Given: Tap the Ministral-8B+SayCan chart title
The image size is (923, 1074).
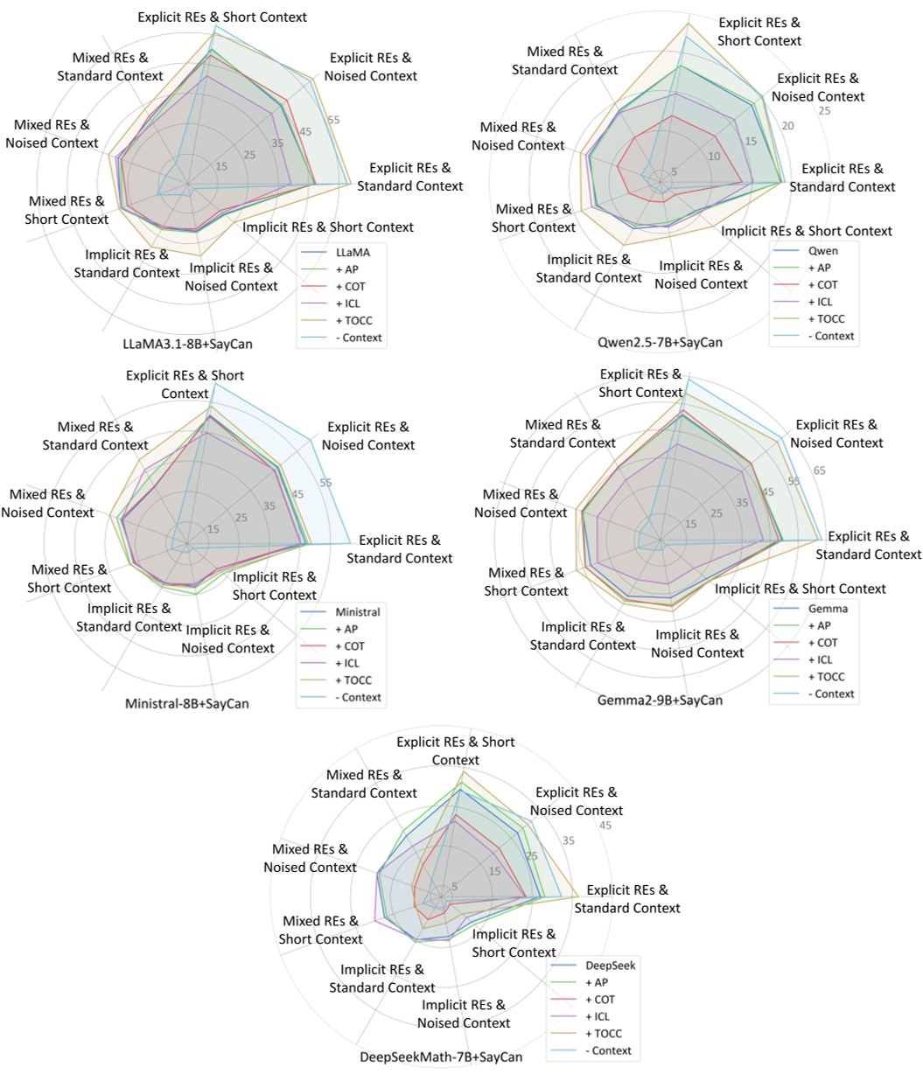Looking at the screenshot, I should pos(187,703).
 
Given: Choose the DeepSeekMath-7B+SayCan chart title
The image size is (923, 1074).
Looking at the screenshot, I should pos(442,1057).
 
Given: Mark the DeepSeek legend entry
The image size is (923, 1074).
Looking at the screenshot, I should pos(610,966).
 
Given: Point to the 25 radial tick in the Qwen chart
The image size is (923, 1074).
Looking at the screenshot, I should pos(824,111).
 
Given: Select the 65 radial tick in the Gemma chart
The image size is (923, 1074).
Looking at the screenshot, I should pos(820,471).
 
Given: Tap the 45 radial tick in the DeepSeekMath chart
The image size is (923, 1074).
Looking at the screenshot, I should pos(605,826).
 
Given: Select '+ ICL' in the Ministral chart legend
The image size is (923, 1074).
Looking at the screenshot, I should pos(352,663).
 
